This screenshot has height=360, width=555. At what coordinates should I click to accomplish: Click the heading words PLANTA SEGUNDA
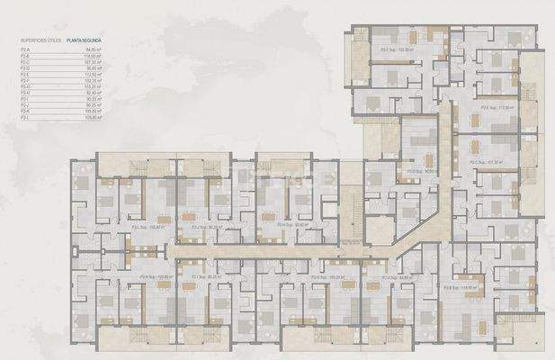82,41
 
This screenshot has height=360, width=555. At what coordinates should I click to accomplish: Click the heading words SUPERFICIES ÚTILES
40,41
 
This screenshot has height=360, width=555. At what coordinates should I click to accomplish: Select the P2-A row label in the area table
24,50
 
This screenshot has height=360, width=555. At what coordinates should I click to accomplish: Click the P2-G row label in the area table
24,86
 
